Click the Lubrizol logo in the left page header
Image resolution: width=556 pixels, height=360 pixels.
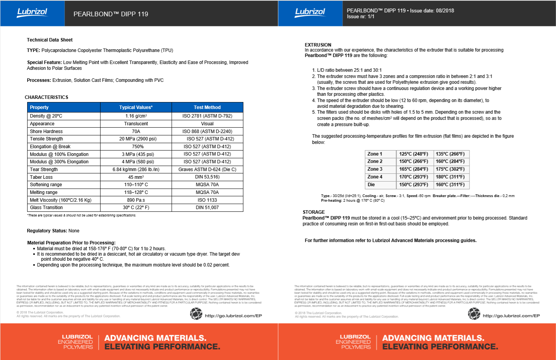click(x=32, y=12)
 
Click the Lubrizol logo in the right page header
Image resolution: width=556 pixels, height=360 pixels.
click(x=310, y=12)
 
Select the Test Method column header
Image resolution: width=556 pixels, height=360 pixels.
click(x=207, y=107)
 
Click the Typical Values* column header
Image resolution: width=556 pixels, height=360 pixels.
click(x=136, y=107)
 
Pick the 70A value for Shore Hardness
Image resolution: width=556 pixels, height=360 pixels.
click(x=136, y=132)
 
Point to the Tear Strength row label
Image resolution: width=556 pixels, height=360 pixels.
click(x=44, y=170)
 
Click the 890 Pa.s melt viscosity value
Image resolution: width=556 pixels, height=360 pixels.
click(x=136, y=200)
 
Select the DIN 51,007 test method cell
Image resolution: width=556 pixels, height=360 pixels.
click(x=207, y=208)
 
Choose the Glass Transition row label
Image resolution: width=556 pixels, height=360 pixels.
click(x=46, y=208)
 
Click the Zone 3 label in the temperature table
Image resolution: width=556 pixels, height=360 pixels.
click(x=375, y=169)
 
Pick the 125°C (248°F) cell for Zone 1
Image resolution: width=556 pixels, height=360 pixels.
click(x=414, y=154)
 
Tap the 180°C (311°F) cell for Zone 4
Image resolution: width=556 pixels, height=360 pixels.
click(x=450, y=177)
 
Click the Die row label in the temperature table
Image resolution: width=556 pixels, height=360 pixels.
click(x=371, y=185)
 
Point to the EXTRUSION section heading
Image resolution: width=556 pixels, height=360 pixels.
click(x=318, y=45)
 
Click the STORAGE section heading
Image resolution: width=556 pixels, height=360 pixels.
click(x=314, y=212)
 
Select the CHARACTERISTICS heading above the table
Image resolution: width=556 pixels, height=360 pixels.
click(x=47, y=97)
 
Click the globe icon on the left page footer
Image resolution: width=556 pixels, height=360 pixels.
click(x=196, y=313)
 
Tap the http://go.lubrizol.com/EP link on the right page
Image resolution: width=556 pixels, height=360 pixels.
click(x=511, y=316)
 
